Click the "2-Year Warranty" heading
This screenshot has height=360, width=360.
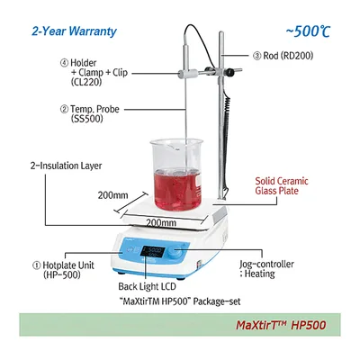click(74, 31)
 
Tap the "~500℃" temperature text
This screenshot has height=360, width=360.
click(308, 31)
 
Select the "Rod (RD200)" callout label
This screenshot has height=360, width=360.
click(283, 56)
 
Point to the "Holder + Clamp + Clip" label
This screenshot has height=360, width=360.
click(94, 72)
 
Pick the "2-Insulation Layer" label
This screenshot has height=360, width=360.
click(66, 166)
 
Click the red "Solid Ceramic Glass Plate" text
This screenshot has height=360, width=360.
click(282, 186)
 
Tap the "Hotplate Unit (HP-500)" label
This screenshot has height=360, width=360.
click(63, 270)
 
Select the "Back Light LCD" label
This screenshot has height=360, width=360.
click(147, 286)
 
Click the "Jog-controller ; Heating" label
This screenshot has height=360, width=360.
click(266, 269)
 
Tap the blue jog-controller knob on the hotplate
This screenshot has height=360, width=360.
click(174, 253)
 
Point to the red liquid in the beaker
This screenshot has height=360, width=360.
click(177, 189)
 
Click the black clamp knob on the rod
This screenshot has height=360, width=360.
click(230, 72)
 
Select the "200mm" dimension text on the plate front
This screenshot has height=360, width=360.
click(161, 222)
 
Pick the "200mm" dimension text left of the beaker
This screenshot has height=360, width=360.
click(112, 195)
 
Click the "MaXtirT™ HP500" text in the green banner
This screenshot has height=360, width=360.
click(281, 325)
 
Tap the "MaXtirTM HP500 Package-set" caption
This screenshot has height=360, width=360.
click(182, 301)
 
